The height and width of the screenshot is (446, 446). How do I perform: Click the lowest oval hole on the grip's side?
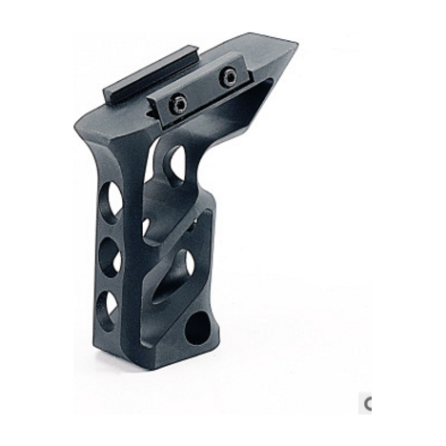(108, 306)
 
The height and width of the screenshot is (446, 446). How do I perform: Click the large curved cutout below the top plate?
(175, 163)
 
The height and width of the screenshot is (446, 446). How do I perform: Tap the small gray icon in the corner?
(367, 403)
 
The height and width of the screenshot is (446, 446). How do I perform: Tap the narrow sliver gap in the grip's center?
(145, 228)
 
